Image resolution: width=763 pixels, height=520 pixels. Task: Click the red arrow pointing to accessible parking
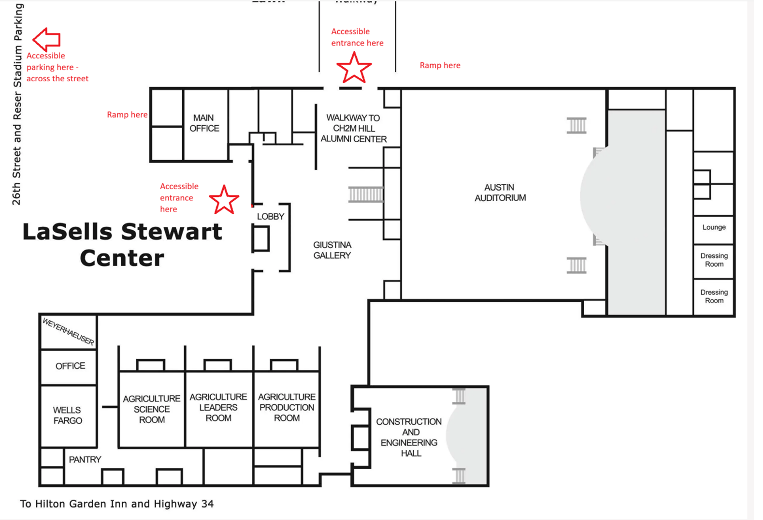pyautogui.click(x=46, y=39)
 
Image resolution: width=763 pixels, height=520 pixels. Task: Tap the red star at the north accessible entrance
pyautogui.click(x=354, y=68)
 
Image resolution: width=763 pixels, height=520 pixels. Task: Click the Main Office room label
pyautogui.click(x=204, y=123)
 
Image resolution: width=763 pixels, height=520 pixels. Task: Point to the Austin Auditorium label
pyautogui.click(x=500, y=193)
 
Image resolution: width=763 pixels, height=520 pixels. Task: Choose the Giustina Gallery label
pyautogui.click(x=332, y=250)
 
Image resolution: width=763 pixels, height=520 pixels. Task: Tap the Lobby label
pyautogui.click(x=271, y=216)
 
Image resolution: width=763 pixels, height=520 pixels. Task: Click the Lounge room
pyautogui.click(x=714, y=227)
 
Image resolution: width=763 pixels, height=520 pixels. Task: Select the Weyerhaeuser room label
pyautogui.click(x=68, y=331)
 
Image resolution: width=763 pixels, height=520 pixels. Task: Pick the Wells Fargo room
pyautogui.click(x=68, y=416)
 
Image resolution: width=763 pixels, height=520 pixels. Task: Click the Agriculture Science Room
pyautogui.click(x=152, y=409)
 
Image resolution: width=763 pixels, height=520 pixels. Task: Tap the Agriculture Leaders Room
pyautogui.click(x=218, y=407)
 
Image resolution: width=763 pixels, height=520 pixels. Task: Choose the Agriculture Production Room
pyautogui.click(x=287, y=407)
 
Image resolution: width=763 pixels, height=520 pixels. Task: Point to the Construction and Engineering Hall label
pyautogui.click(x=409, y=437)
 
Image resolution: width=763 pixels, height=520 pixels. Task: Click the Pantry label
pyautogui.click(x=85, y=460)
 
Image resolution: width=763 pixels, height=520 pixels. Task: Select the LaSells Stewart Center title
pyautogui.click(x=122, y=245)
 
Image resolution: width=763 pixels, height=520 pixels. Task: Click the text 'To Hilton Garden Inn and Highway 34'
pyautogui.click(x=116, y=504)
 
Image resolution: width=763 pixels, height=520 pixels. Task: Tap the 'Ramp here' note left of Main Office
pyautogui.click(x=127, y=115)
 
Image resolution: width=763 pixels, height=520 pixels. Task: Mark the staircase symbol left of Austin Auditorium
pyautogui.click(x=366, y=194)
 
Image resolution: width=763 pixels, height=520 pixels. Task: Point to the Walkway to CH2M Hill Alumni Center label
pyautogui.click(x=353, y=128)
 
